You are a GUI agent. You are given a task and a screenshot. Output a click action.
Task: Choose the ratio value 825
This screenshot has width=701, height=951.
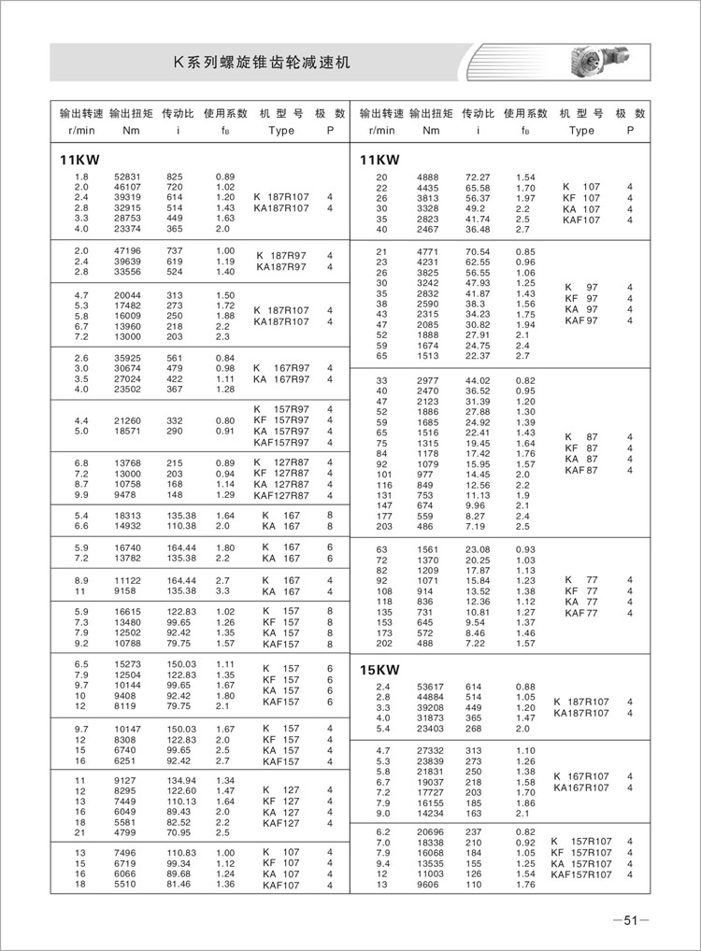175,177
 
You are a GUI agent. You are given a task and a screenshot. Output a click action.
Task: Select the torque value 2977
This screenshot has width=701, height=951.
430,380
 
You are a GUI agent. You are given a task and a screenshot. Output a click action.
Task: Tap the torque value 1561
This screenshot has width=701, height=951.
430,549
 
